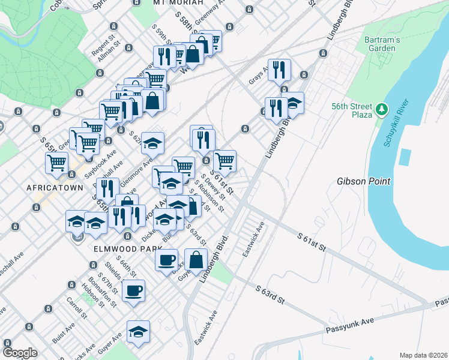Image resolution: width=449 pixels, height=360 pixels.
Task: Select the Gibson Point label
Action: pyautogui.click(x=364, y=181)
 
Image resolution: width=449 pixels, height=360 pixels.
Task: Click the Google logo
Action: pyautogui.click(x=20, y=353)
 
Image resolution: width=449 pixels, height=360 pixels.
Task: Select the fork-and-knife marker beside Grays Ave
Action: pyautogui.click(x=279, y=70)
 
